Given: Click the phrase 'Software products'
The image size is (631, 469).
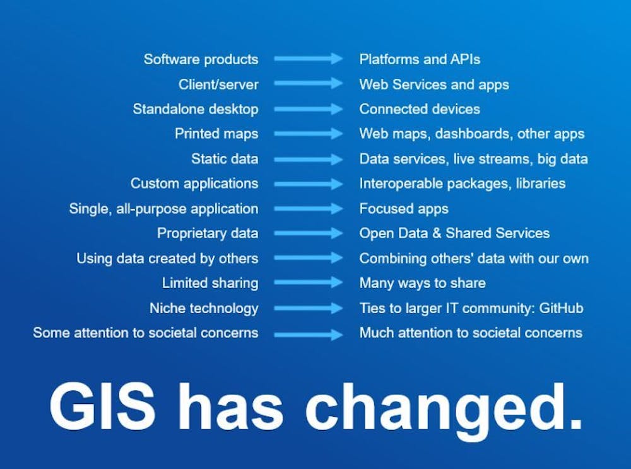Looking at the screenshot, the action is [201, 59].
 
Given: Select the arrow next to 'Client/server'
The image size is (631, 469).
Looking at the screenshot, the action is [309, 84].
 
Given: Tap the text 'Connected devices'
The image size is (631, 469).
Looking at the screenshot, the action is [420, 109].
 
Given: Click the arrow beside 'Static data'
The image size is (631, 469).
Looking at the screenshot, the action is [309, 159].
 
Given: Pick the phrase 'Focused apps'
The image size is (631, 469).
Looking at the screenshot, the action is [404, 209].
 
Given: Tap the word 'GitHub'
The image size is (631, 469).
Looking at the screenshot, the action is [561, 308].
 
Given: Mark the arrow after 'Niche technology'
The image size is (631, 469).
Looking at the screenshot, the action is [309, 309].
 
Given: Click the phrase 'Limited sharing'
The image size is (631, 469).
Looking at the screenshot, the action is [210, 283].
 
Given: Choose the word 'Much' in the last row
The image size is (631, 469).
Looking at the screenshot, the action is [377, 333].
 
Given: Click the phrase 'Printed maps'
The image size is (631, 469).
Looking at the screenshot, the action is [216, 134].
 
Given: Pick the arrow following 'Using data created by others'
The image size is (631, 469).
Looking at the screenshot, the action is [309, 258].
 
